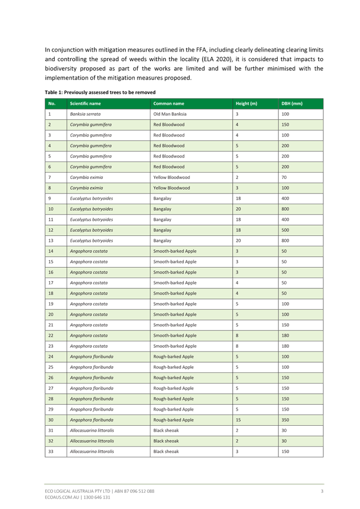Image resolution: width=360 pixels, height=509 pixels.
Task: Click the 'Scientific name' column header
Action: pyautogui.click(x=85, y=103)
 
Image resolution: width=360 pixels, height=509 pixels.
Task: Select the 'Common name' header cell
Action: pyautogui.click(x=169, y=103)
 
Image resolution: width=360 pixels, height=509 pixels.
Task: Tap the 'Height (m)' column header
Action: pyautogui.click(x=246, y=103)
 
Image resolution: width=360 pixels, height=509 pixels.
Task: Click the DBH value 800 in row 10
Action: pyautogui.click(x=285, y=209)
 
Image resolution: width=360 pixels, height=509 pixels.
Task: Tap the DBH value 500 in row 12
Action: pyautogui.click(x=285, y=230)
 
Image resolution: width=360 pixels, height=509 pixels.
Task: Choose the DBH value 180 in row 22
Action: pyautogui.click(x=285, y=335)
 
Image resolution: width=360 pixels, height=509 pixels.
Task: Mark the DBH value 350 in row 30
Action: pyautogui.click(x=285, y=420)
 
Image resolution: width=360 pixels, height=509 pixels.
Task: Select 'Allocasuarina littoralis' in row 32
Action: pyautogui.click(x=91, y=441)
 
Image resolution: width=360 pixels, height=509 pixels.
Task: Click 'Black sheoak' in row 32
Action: pyautogui.click(x=167, y=441)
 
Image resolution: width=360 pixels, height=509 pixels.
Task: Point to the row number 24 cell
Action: pyautogui.click(x=51, y=356)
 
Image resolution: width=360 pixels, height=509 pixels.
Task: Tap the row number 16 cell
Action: pyautogui.click(x=51, y=273)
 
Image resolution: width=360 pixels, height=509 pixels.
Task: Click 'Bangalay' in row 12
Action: pyautogui.click(x=162, y=230)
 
